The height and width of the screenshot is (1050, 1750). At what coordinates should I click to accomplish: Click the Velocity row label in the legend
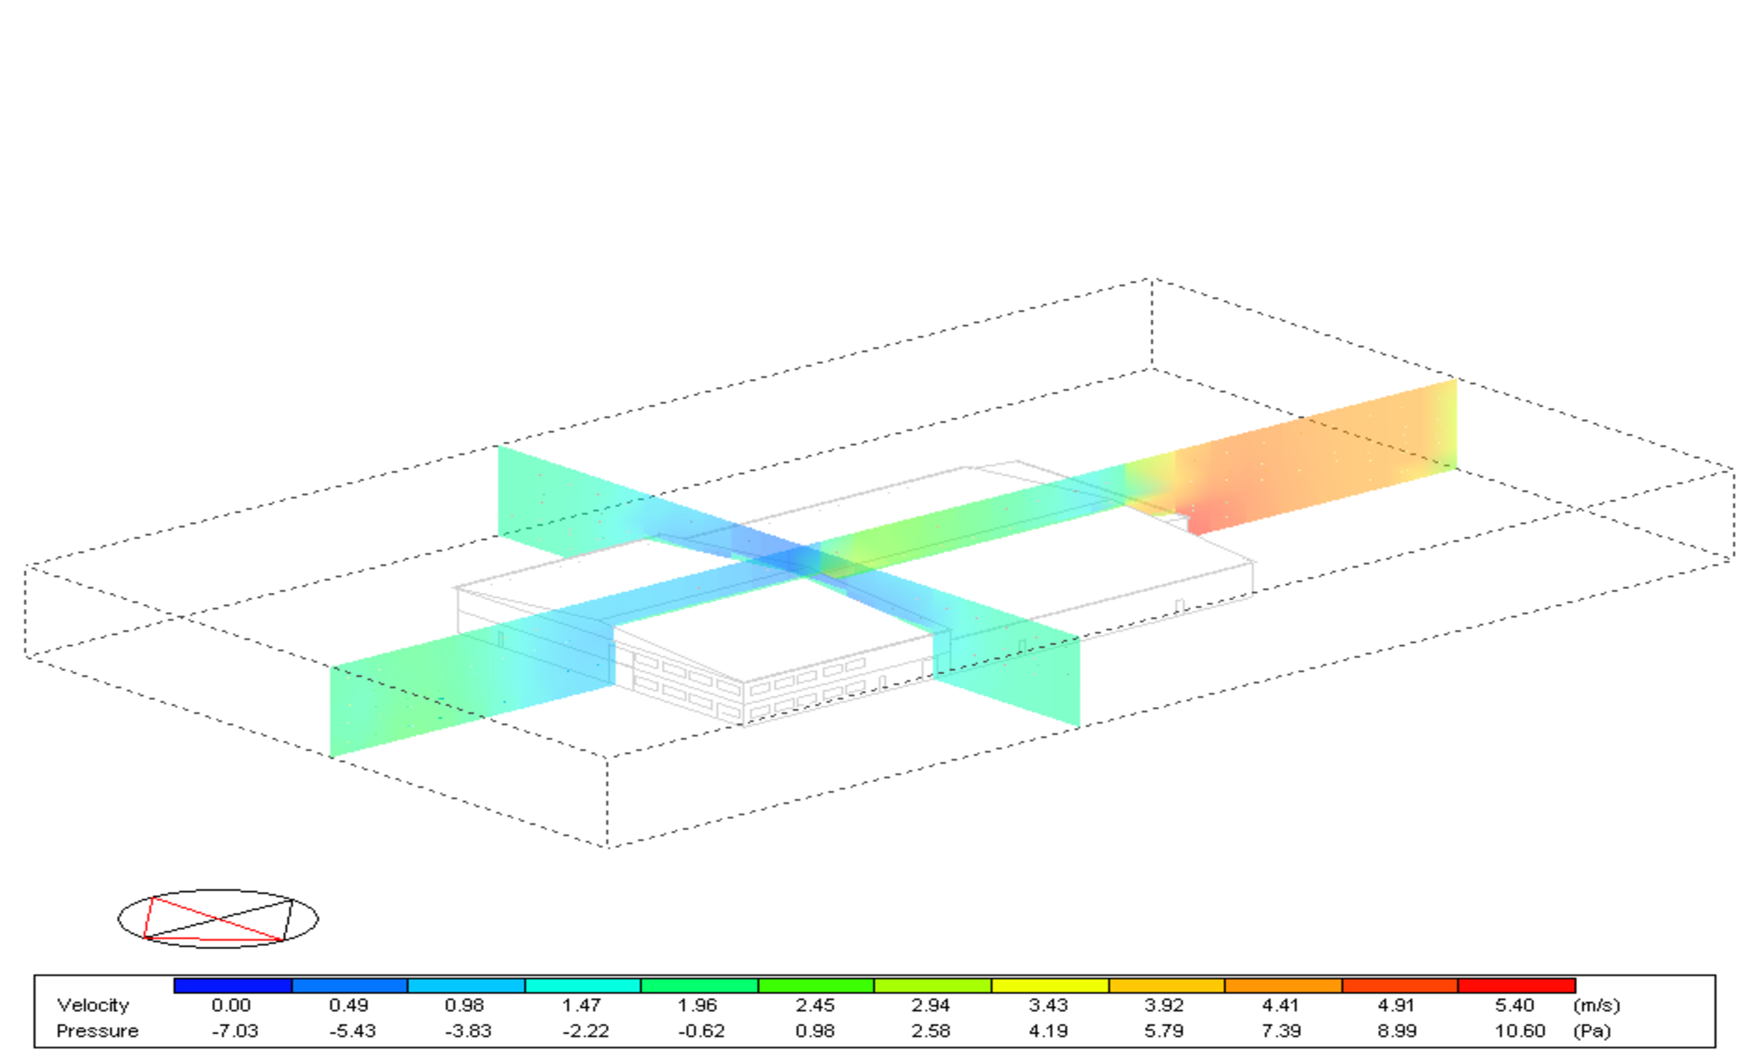(x=93, y=1006)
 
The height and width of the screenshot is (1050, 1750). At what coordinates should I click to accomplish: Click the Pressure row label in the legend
(x=98, y=1031)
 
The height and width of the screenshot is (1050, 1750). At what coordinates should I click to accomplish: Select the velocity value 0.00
(x=231, y=1006)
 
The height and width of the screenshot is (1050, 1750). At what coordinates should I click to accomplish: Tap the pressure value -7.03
(x=235, y=1031)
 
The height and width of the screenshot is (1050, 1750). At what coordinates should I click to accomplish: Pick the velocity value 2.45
(x=815, y=1006)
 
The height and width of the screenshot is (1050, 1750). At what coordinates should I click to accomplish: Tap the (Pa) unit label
(x=1591, y=1031)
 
